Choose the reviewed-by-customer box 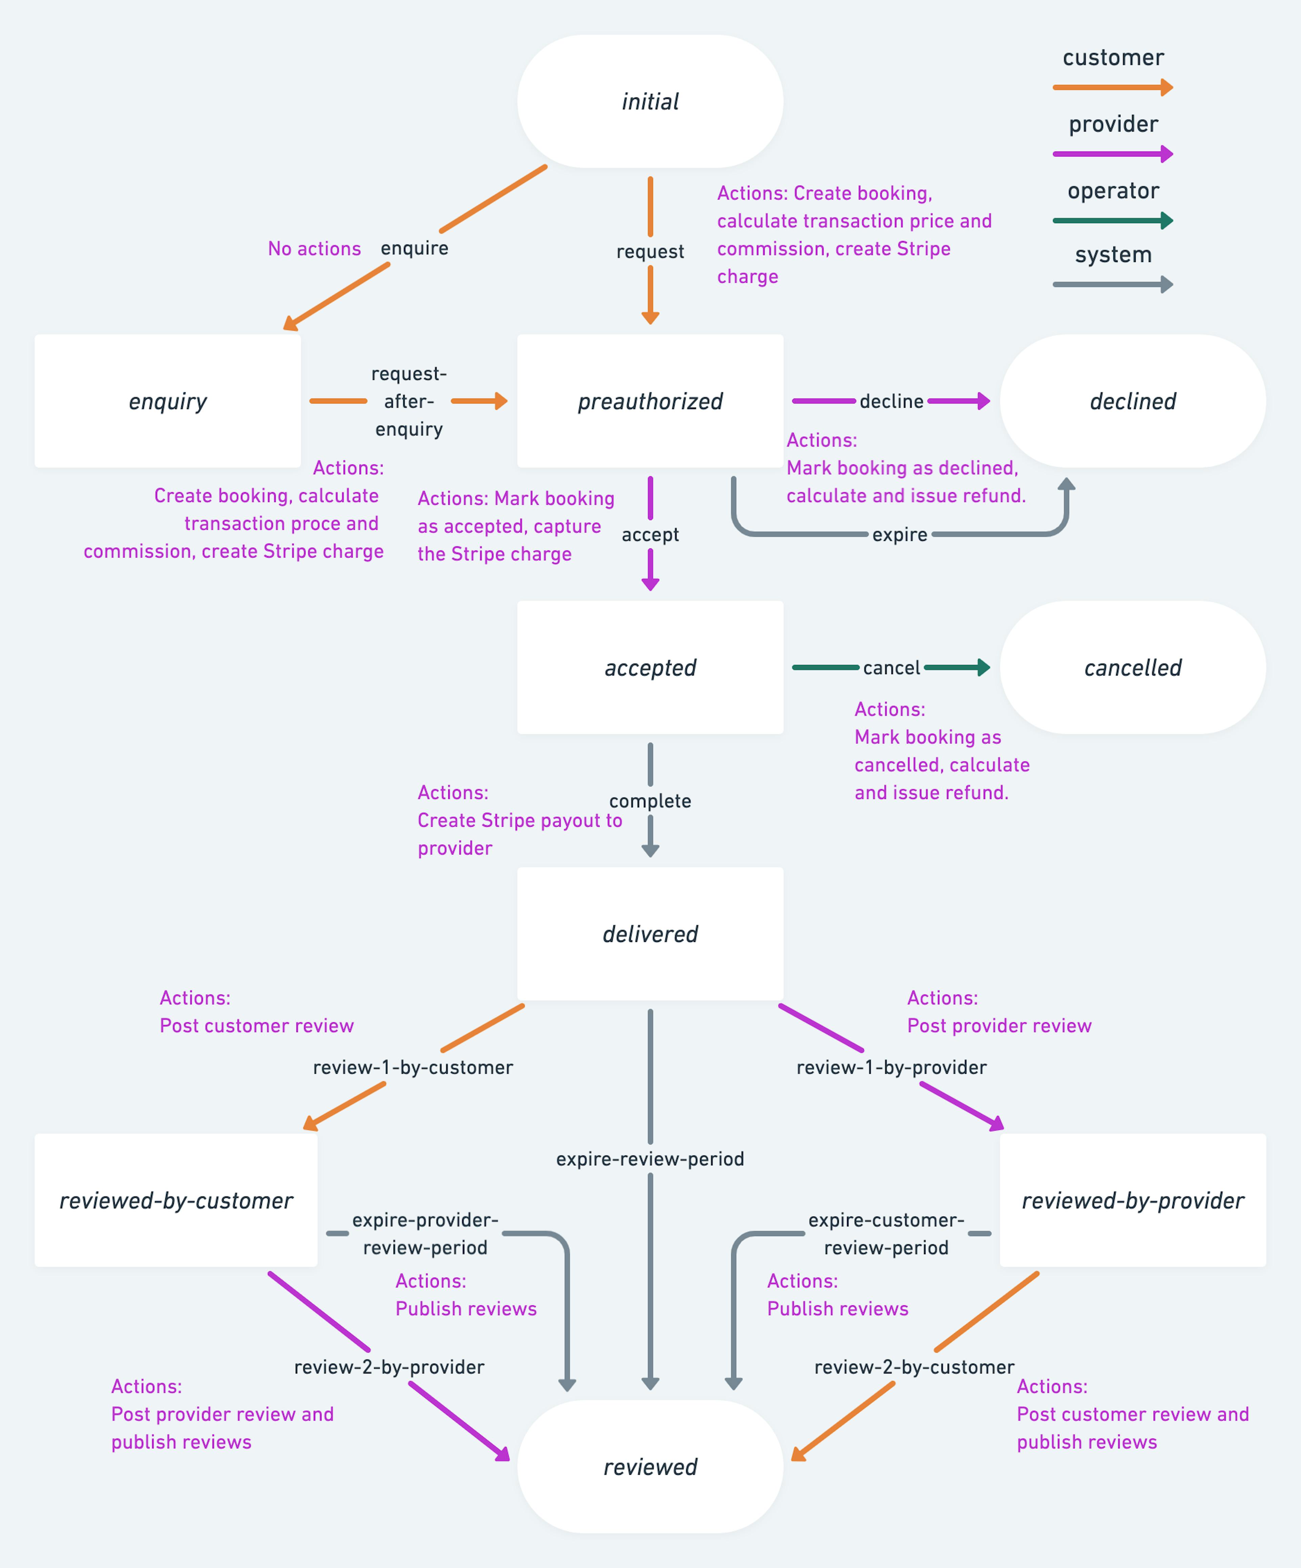pos(176,1200)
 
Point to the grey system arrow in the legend pos(1112,284)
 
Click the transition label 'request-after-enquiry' pos(409,401)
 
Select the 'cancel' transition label pos(891,667)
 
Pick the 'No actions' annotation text pos(314,249)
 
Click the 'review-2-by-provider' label pos(389,1367)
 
